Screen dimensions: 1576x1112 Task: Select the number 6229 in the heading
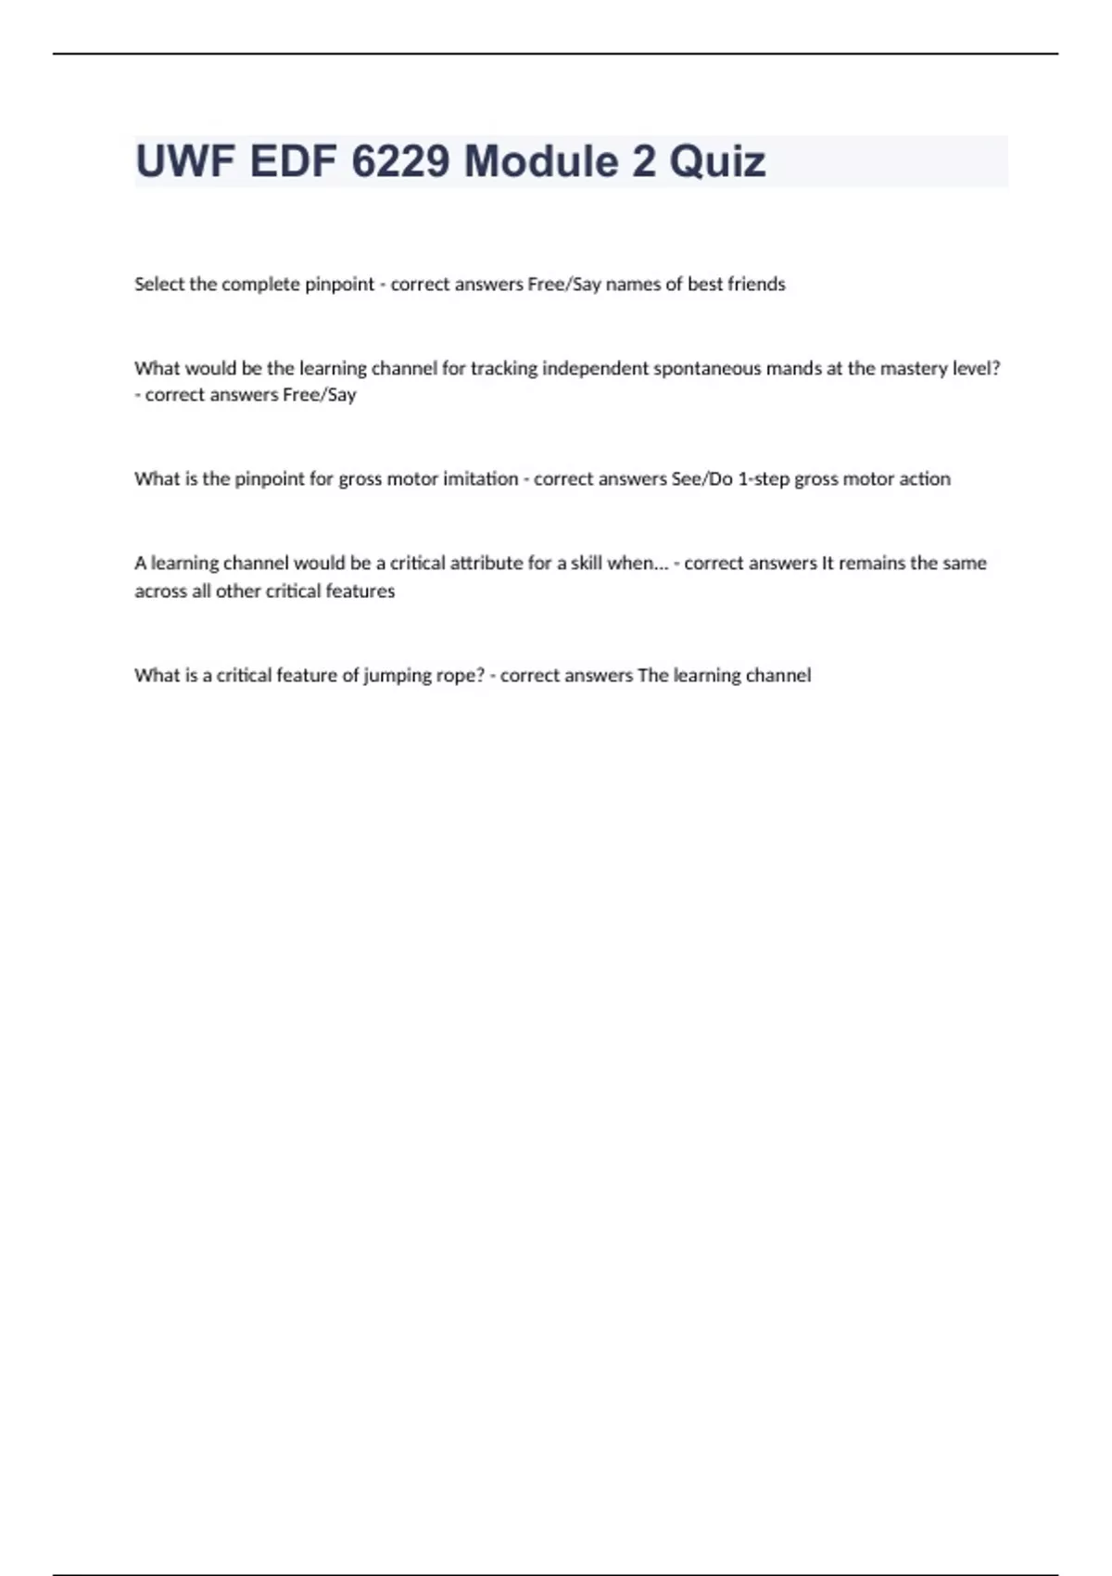pyautogui.click(x=401, y=162)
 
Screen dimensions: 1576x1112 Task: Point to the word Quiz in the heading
pyautogui.click(x=717, y=162)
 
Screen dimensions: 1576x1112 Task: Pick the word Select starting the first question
pyautogui.click(x=159, y=285)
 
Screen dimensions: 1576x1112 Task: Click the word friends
pyautogui.click(x=756, y=285)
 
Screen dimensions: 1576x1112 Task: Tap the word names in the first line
pyautogui.click(x=633, y=285)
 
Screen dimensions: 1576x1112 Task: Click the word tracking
pyautogui.click(x=504, y=368)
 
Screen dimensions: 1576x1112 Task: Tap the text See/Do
pyautogui.click(x=701, y=479)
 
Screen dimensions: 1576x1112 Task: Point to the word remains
pyautogui.click(x=872, y=564)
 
